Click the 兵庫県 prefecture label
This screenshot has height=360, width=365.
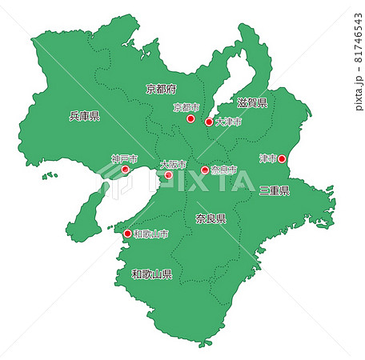click(x=84, y=116)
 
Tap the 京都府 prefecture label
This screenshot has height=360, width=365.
click(x=160, y=88)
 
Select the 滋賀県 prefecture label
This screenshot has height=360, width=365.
click(x=251, y=103)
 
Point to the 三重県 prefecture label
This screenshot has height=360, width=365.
click(x=274, y=190)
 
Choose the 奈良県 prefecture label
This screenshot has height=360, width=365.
click(x=211, y=218)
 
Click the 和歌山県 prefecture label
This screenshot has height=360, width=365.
click(x=152, y=274)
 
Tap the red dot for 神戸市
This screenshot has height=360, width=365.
click(x=125, y=170)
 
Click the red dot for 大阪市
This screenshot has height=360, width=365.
click(x=168, y=174)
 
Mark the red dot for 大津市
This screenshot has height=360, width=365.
click(x=209, y=122)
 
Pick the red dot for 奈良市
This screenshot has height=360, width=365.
click(x=205, y=170)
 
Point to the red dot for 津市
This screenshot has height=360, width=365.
click(x=281, y=159)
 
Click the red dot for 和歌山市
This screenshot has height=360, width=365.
click(x=128, y=234)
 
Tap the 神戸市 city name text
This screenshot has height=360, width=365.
click(x=124, y=159)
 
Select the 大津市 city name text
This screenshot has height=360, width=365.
click(x=228, y=122)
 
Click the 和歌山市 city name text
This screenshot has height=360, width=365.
click(x=151, y=234)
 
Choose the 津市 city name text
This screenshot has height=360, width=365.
click(x=267, y=159)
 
